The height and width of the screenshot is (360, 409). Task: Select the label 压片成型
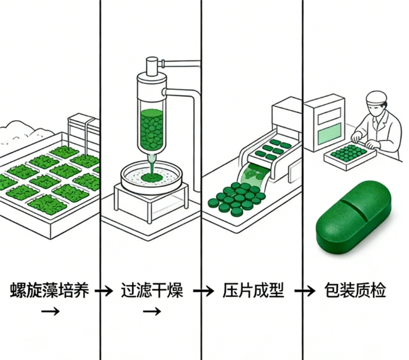click(x=254, y=291)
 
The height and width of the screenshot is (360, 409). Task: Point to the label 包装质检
click(x=356, y=291)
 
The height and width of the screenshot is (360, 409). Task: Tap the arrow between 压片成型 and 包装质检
click(x=305, y=291)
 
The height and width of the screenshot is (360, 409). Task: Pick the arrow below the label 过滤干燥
click(x=151, y=311)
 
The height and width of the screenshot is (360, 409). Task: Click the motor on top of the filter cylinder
click(x=151, y=65)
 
